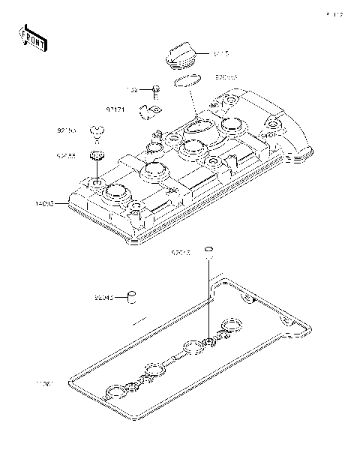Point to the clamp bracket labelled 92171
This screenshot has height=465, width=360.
pos(148,112)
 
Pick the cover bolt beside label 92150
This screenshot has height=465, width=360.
pos(96,133)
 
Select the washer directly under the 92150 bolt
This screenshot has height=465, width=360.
pos(96,156)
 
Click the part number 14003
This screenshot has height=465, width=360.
pos(44,202)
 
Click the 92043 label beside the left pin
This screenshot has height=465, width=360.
pos(105,298)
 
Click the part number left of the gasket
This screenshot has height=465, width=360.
pos(43,383)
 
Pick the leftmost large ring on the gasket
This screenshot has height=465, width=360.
pos(116,391)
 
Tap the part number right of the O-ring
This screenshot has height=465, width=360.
pos(226,76)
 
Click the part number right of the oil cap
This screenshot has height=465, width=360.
pos(220,54)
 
